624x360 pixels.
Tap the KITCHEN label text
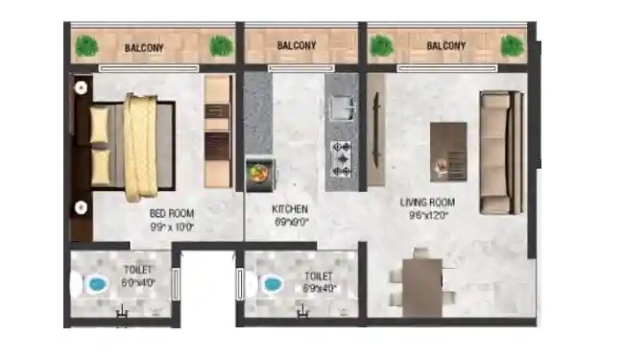(x=290, y=209)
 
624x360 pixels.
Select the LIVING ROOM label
(x=427, y=204)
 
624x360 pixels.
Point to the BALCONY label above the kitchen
(x=297, y=45)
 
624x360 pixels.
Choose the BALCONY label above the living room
(x=445, y=45)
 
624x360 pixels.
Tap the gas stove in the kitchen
(x=343, y=159)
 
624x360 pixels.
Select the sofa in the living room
(x=497, y=152)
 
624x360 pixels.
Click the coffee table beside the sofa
(x=447, y=151)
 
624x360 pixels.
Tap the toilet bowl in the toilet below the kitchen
(x=272, y=285)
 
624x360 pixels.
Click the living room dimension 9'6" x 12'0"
(x=427, y=216)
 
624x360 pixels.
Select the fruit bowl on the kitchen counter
(x=258, y=173)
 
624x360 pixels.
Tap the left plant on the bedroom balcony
(x=88, y=45)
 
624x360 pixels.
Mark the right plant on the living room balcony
(x=511, y=45)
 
